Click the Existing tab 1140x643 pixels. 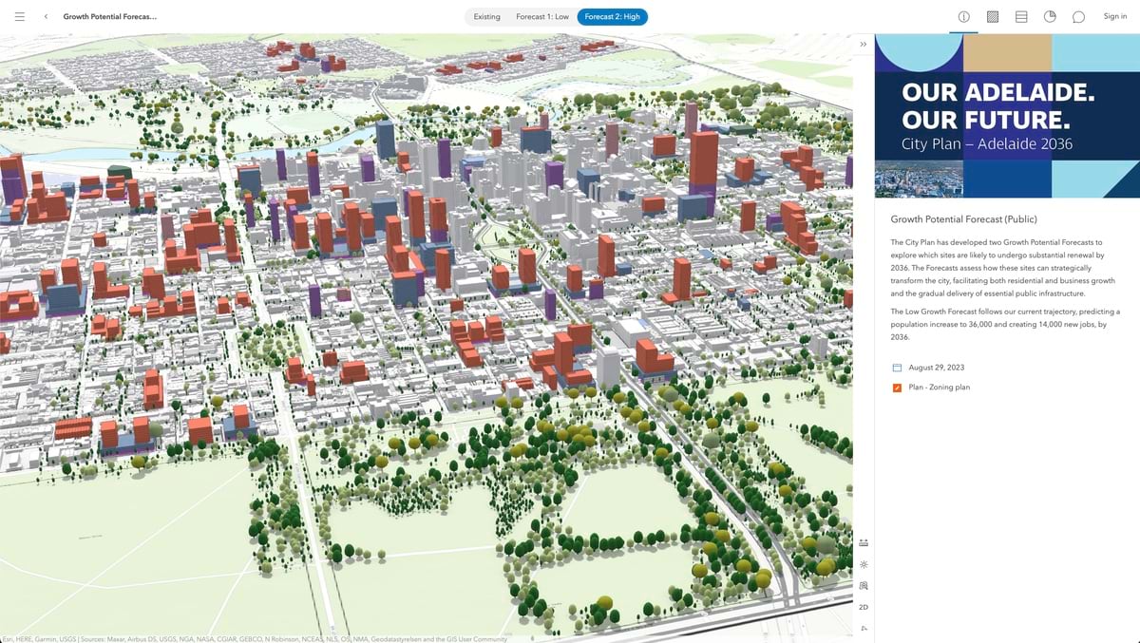(486, 16)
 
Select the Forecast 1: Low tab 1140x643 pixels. (542, 16)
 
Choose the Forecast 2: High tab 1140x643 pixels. (612, 16)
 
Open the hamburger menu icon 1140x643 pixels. (20, 16)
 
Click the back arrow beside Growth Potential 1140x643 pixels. (46, 16)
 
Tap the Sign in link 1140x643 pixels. (1114, 16)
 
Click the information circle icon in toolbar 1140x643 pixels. (963, 17)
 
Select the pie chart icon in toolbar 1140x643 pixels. (1050, 17)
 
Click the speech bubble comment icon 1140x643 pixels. (1078, 17)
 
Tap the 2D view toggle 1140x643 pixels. (863, 607)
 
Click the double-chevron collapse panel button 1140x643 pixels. (863, 45)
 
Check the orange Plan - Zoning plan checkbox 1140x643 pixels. (897, 388)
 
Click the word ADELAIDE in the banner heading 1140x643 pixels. (1030, 93)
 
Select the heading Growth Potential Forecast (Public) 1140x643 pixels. (963, 219)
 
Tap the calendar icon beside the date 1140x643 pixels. (897, 368)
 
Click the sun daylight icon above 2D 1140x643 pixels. (863, 564)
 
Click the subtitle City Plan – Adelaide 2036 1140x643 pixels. (987, 144)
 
